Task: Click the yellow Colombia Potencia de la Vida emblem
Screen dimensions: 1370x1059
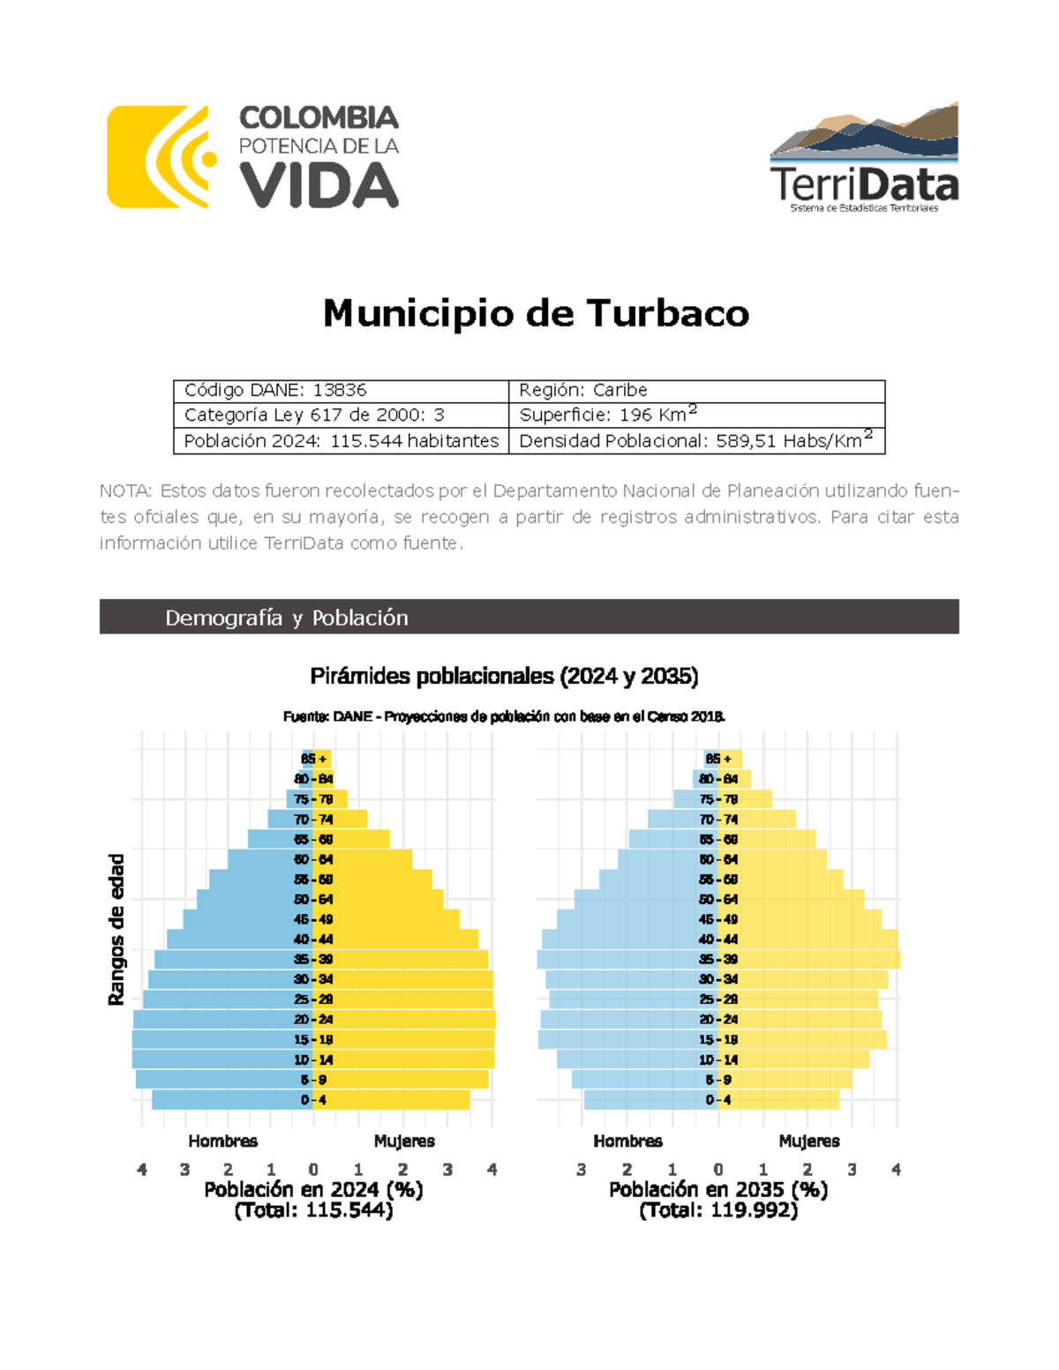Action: pyautogui.click(x=160, y=157)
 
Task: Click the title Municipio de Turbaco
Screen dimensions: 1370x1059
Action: pyautogui.click(x=536, y=313)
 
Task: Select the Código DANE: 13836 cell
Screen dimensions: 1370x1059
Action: pyautogui.click(x=341, y=391)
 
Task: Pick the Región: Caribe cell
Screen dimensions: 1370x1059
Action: pyautogui.click(x=696, y=391)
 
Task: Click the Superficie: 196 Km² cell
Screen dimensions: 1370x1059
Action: pyautogui.click(x=696, y=415)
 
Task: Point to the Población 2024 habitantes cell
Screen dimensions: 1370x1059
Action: pyautogui.click(x=341, y=441)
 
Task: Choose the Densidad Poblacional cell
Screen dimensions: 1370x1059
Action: pyautogui.click(x=696, y=441)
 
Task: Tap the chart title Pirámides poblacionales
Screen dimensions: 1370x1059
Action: pyautogui.click(x=504, y=677)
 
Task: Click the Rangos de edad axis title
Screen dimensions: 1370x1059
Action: pyautogui.click(x=116, y=930)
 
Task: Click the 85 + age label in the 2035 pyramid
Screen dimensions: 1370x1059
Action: pyautogui.click(x=718, y=759)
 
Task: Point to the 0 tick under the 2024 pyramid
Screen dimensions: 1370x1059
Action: pyautogui.click(x=313, y=1170)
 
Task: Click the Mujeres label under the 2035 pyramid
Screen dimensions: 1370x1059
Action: pyautogui.click(x=809, y=1142)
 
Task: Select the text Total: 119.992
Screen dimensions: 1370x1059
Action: pyautogui.click(x=718, y=1210)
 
